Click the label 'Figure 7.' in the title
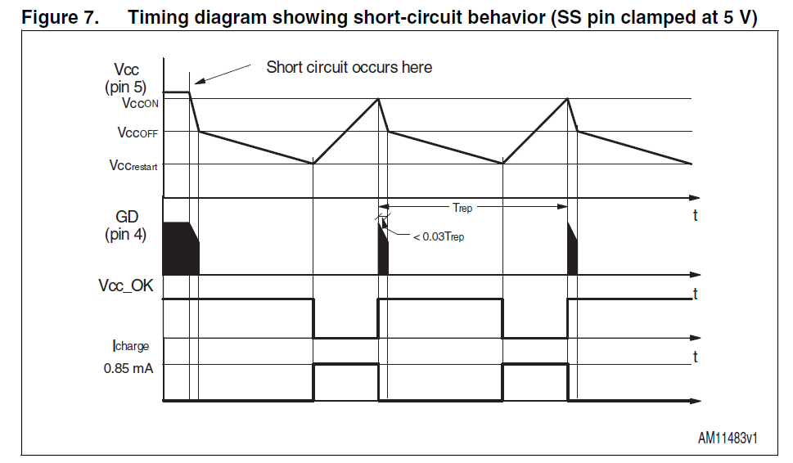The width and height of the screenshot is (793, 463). click(x=59, y=17)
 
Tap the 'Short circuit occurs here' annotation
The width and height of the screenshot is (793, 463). click(x=349, y=67)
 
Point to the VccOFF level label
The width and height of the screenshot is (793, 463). click(x=138, y=133)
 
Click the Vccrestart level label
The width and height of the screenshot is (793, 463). click(x=133, y=165)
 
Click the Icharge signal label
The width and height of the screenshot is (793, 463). click(x=131, y=346)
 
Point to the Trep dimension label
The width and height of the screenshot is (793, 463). click(x=462, y=208)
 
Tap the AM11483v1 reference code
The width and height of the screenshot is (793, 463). click(x=728, y=438)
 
